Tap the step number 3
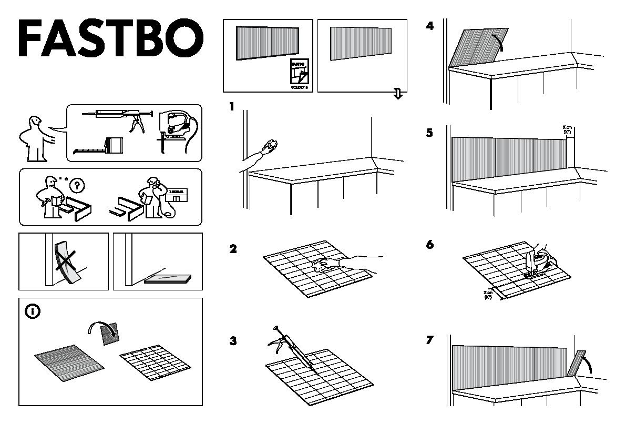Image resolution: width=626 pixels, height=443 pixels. pyautogui.click(x=233, y=341)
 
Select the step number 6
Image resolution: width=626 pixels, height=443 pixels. pyautogui.click(x=429, y=245)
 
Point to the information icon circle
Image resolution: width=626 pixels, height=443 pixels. pyautogui.click(x=33, y=311)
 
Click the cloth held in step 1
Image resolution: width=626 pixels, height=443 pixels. pyautogui.click(x=272, y=145)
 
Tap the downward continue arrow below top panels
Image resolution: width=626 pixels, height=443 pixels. pyautogui.click(x=398, y=94)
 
